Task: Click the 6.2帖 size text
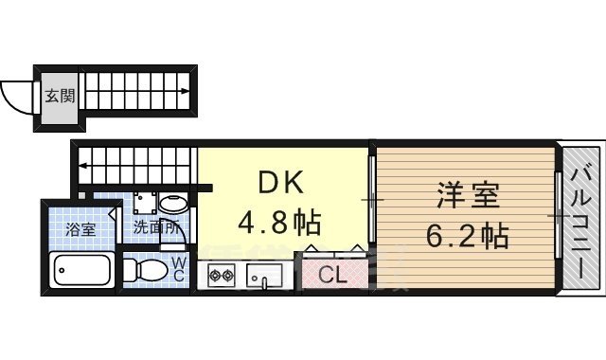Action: pos(468,234)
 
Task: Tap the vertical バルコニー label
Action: pos(580,220)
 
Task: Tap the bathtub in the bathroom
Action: pos(83,271)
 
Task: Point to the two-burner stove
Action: pos(221,276)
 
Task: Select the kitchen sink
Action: pos(264,276)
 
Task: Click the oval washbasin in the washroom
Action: pos(174,203)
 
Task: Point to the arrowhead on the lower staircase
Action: pos(83,167)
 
